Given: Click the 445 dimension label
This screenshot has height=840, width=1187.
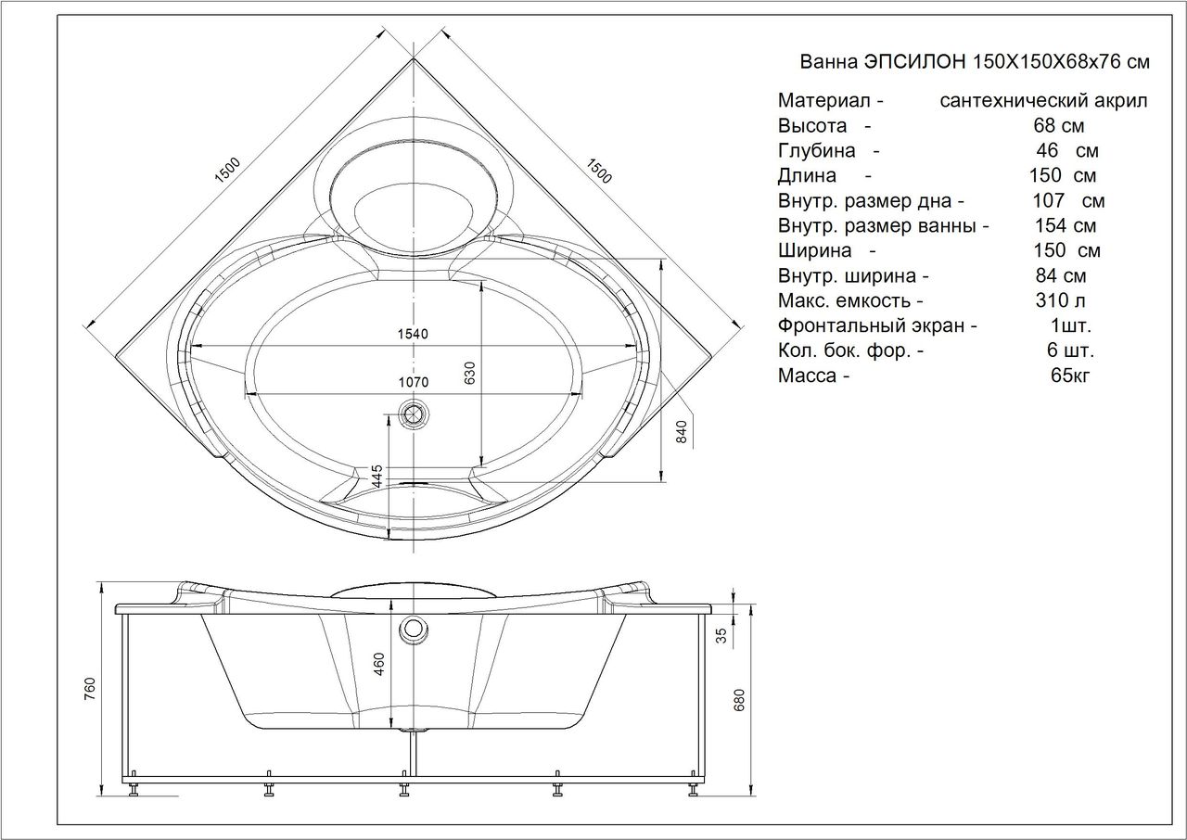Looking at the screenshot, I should coord(377,477).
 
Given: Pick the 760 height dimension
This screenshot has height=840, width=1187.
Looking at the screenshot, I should coord(90,692).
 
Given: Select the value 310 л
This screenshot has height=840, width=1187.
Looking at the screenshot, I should coord(1061,300).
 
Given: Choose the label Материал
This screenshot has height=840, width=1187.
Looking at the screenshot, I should coord(823,100).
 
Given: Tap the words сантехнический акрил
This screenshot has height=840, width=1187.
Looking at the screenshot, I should coord(1043,100).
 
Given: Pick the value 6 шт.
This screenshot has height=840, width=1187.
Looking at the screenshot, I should coord(1070,350).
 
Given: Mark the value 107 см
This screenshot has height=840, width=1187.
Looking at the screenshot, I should coord(1068,200).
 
